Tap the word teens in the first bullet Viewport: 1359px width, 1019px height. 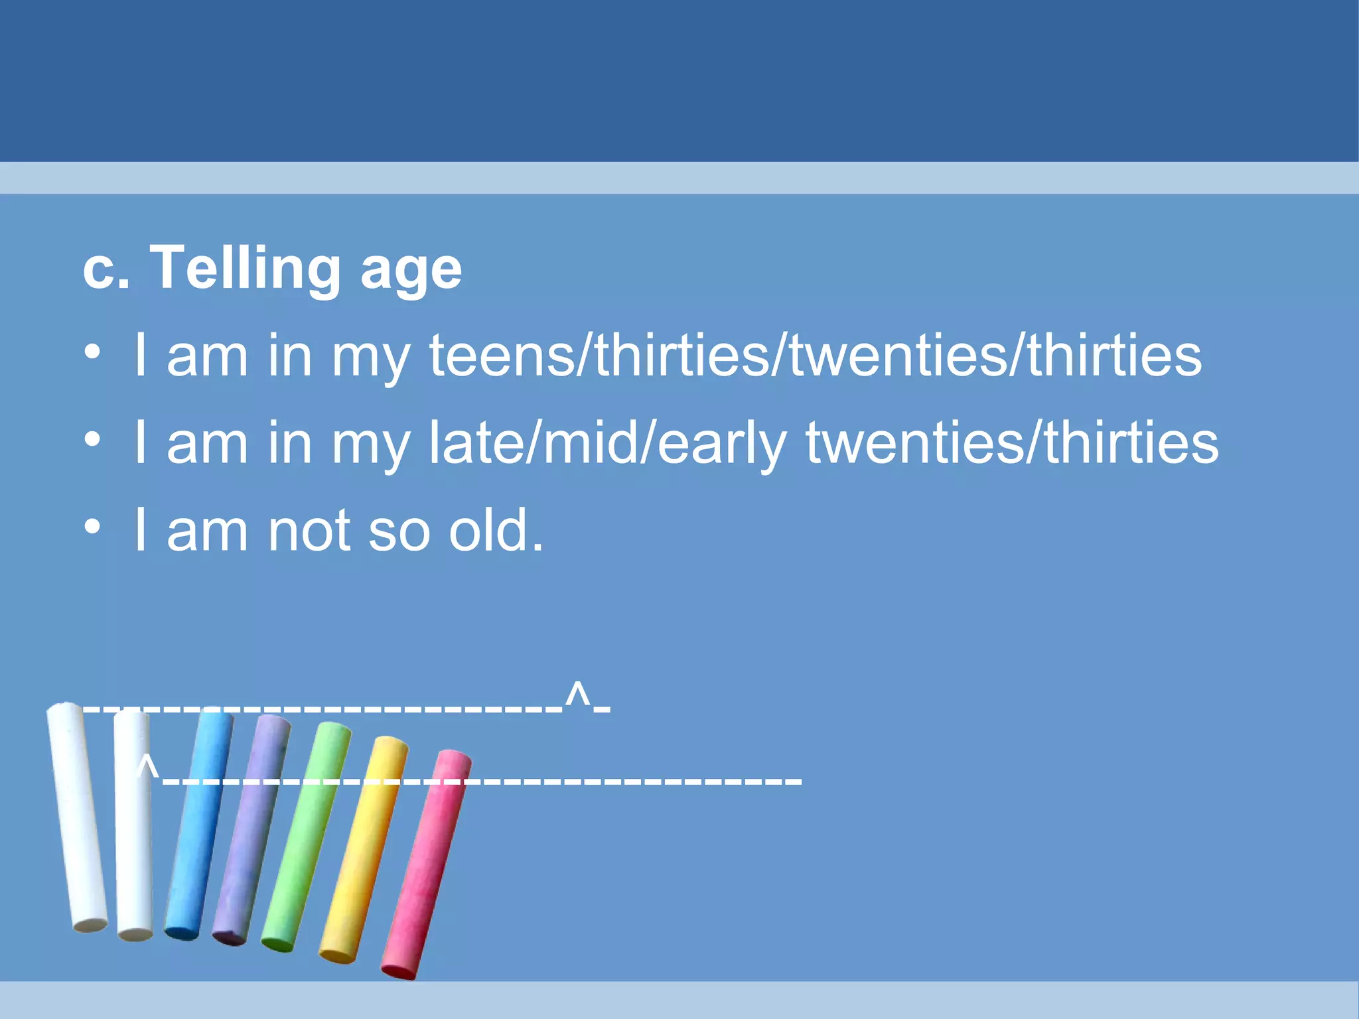point(502,356)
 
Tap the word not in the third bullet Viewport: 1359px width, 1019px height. point(309,531)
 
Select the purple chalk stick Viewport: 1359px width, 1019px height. point(251,829)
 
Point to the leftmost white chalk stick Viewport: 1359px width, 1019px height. point(76,816)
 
